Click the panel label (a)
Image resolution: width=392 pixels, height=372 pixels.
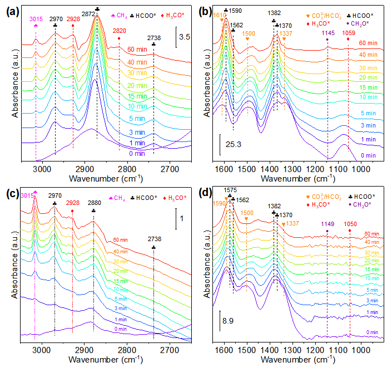click(12, 9)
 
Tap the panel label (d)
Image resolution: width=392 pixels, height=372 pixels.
click(207, 194)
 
